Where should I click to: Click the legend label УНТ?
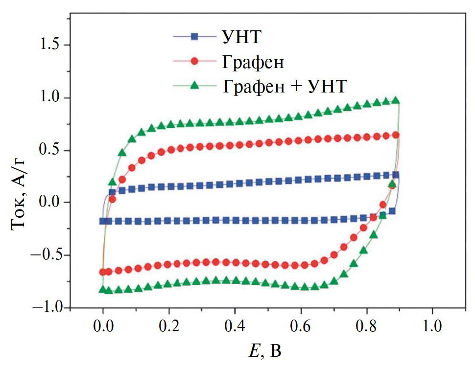240,37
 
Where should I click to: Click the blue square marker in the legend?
194,36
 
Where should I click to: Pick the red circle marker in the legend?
194,62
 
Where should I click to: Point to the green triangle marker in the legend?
194,86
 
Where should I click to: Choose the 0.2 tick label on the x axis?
168,325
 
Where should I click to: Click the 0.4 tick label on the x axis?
234,325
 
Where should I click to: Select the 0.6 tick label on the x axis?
300,325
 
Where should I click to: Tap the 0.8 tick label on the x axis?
366,325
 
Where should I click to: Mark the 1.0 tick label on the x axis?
432,325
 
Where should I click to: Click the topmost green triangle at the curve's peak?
396,100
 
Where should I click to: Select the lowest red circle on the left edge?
103,272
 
